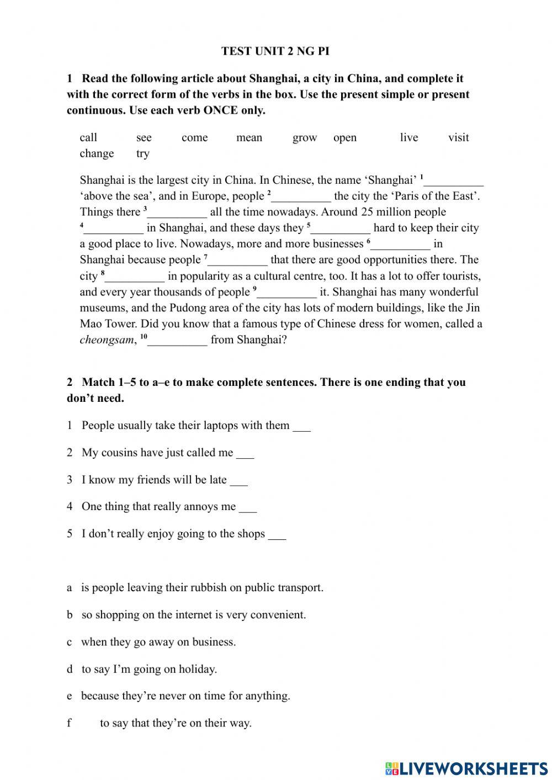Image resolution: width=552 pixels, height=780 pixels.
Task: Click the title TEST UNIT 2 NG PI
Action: [275, 51]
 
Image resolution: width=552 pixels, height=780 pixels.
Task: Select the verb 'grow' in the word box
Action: [305, 138]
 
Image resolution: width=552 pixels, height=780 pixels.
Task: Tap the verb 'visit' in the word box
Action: [458, 138]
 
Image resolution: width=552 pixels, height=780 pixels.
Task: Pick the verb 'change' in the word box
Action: [97, 154]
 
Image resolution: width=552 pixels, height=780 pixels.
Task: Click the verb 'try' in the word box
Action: [143, 154]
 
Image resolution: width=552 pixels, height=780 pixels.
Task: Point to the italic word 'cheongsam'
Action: [107, 340]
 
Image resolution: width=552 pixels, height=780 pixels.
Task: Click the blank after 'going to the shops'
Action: [277, 535]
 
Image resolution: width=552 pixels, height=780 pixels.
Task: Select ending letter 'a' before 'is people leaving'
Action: [70, 588]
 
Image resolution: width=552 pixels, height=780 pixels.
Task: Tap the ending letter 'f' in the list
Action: [70, 723]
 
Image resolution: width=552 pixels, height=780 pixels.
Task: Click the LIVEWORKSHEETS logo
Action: [466, 768]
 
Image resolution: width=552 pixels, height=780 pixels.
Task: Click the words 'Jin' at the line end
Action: [473, 308]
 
